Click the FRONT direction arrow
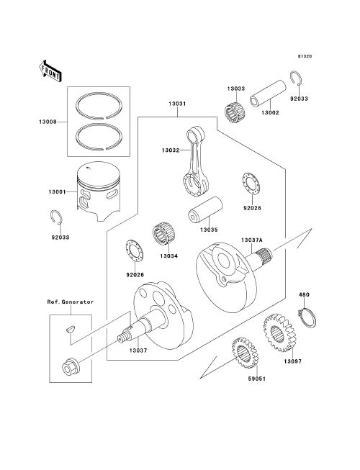50,71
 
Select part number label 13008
48,122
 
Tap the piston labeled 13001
99,191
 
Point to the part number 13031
177,104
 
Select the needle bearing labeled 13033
235,112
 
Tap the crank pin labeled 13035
206,209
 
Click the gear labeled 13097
279,333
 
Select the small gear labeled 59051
245,353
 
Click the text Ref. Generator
71,302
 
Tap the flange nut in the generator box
71,366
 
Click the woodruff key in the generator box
71,329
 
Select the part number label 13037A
252,240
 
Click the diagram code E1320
305,56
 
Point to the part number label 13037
138,350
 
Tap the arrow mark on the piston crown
88,168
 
